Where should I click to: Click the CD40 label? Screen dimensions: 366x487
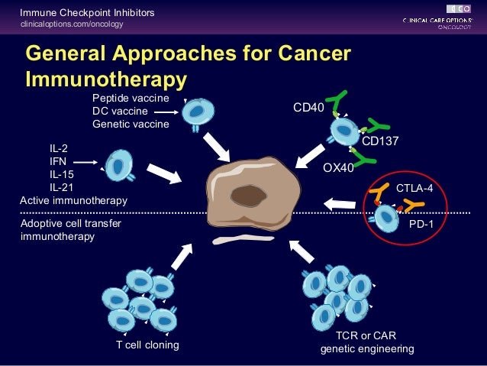click(308, 108)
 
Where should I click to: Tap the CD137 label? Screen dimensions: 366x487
click(380, 141)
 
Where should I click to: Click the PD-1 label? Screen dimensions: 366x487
click(421, 225)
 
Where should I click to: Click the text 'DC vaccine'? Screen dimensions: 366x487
click(120, 111)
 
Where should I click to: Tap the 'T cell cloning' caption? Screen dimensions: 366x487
click(147, 345)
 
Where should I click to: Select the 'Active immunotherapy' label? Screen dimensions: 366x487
click(73, 200)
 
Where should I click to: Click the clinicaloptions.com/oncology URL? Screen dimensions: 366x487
click(72, 25)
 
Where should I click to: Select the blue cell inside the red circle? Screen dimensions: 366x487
click(387, 218)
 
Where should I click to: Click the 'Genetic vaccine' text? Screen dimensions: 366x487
click(131, 124)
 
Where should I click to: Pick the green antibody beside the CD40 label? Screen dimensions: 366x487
click(337, 105)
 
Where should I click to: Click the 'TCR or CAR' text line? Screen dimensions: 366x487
click(366, 335)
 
